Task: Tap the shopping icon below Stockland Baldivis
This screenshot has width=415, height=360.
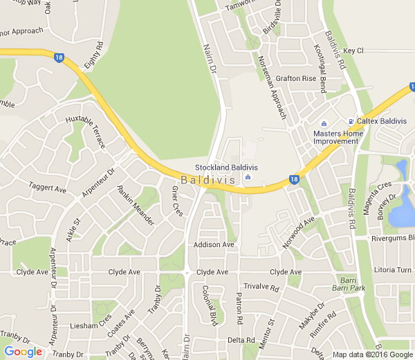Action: (x=249, y=179)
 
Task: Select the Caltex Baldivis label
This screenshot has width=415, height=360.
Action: (x=381, y=120)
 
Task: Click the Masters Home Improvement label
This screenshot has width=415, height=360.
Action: (x=336, y=136)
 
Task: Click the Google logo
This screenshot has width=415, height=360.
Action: (x=23, y=352)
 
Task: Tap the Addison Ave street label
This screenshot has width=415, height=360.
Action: (x=214, y=245)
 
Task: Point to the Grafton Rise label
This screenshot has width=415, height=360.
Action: (x=295, y=79)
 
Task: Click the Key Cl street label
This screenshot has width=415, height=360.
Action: (x=353, y=51)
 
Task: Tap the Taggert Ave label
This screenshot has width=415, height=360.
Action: (x=47, y=188)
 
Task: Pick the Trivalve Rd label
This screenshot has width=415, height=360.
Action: (x=261, y=287)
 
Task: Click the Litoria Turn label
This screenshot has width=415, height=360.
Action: (x=392, y=269)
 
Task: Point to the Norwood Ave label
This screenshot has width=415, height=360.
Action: (x=299, y=231)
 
